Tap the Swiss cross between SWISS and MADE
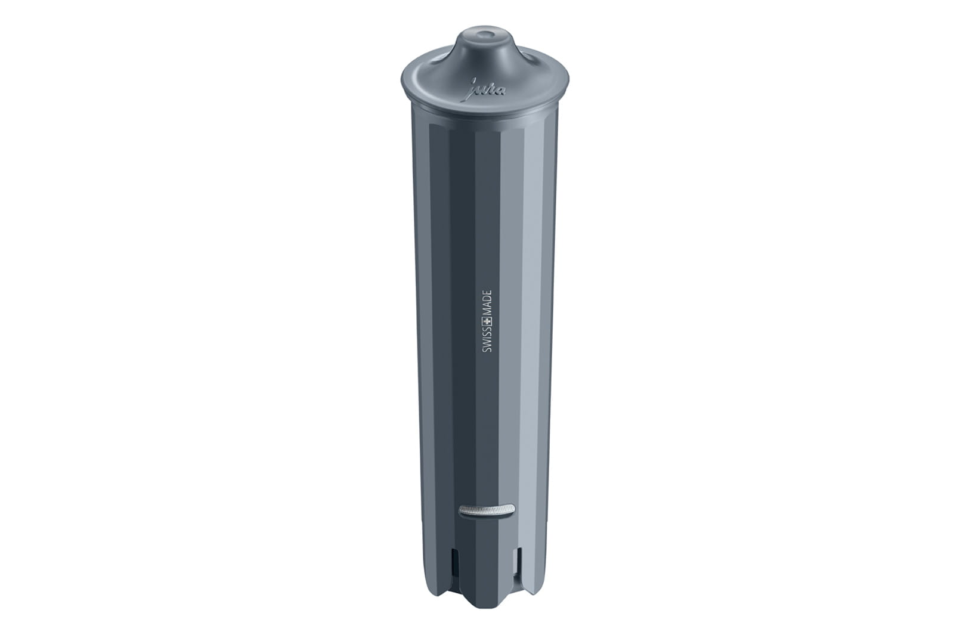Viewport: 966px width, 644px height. point(487,323)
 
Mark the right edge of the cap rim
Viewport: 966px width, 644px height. point(568,83)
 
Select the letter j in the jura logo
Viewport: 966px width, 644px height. point(473,87)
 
